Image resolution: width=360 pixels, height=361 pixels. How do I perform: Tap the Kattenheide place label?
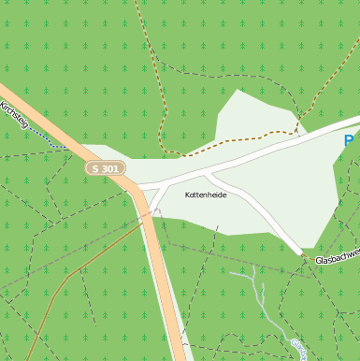pos(206,195)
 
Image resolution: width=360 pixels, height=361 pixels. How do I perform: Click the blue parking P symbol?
pos(349,141)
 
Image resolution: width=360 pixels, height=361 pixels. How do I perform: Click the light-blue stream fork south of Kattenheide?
pos(253,277)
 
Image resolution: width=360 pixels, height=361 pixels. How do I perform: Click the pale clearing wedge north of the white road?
pos(248,117)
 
